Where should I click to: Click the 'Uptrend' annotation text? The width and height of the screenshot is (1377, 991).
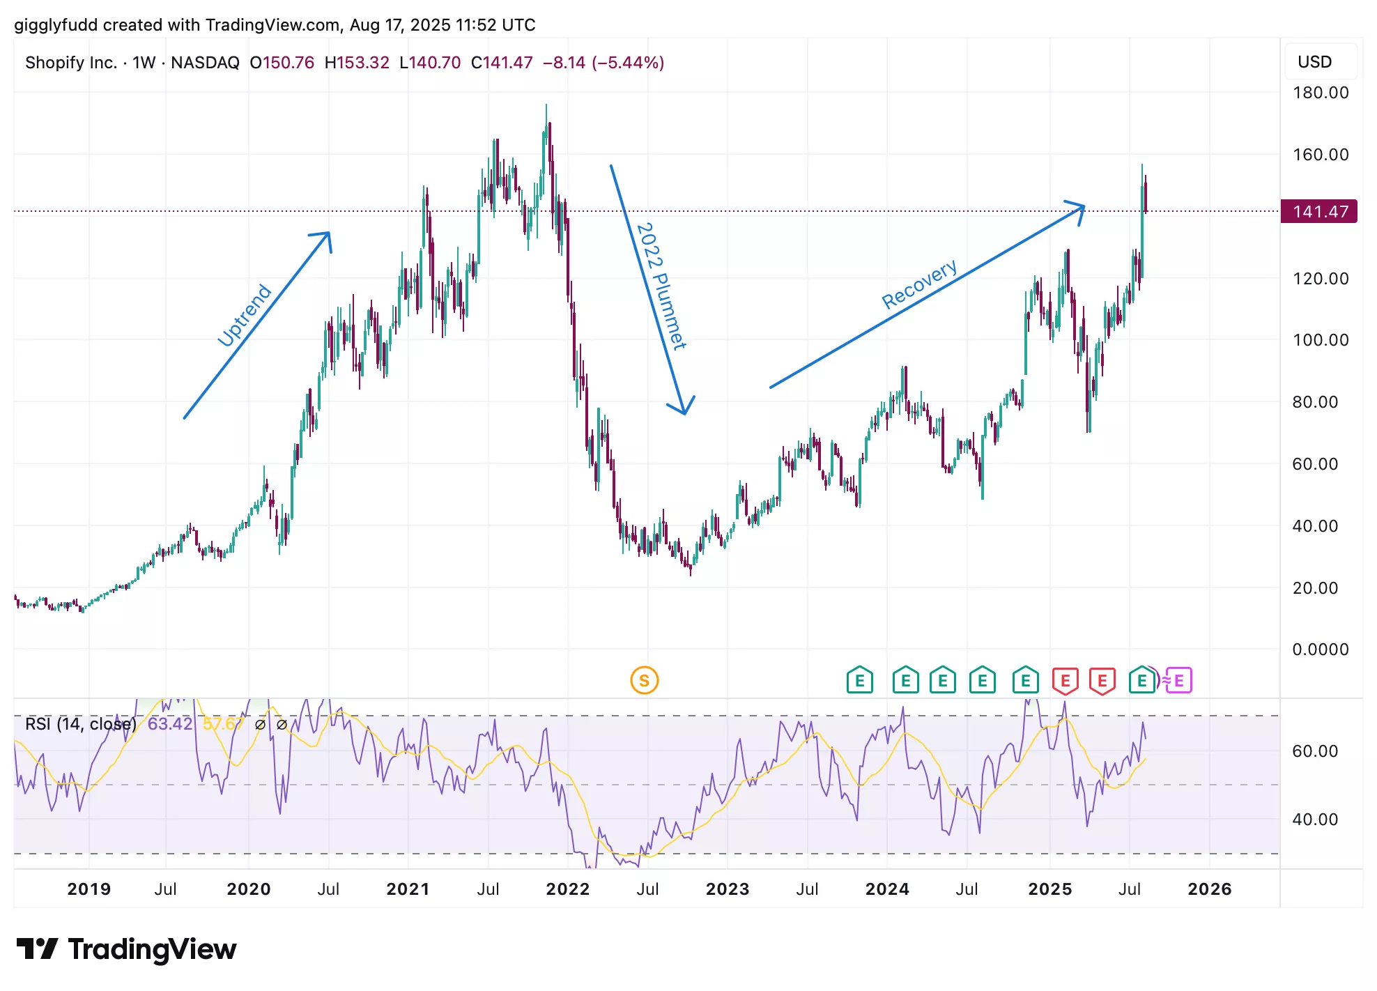point(245,315)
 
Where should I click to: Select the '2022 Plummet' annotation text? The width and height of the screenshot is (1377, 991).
point(661,286)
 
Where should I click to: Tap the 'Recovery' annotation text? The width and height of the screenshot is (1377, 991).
point(919,284)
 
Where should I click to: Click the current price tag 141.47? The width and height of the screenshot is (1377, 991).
point(1319,211)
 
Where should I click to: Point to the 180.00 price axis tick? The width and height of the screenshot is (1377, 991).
point(1321,93)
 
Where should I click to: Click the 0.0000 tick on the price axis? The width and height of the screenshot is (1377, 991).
point(1321,650)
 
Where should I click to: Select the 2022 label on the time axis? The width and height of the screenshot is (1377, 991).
point(567,889)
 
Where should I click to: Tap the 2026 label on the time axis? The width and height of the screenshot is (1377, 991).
point(1209,889)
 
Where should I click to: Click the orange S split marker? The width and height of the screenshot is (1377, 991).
point(644,680)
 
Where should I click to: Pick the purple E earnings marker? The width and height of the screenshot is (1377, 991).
point(1179,680)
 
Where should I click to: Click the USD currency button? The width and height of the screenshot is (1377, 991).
point(1314,62)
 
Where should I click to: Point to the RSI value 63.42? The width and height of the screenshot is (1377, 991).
point(169,724)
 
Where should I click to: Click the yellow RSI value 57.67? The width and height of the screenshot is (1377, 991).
point(222,724)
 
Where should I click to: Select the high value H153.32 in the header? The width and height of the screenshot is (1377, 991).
point(357,63)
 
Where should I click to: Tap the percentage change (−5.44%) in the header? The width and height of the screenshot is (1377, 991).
point(627,63)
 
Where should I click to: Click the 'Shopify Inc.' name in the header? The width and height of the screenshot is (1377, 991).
point(70,63)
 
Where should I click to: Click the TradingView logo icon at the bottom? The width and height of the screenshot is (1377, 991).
point(37,949)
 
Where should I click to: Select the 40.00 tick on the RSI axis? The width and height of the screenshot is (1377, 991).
point(1315,820)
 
